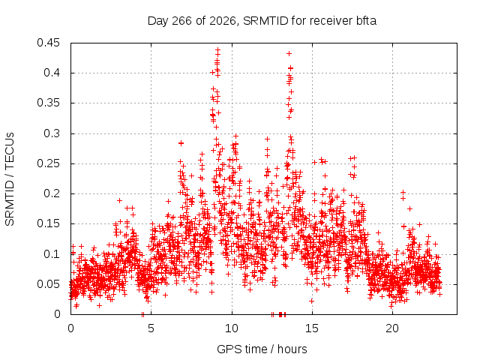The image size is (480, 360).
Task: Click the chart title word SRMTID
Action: point(265,21)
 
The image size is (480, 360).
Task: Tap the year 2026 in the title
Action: point(223,21)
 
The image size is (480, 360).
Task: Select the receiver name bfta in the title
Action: point(366,21)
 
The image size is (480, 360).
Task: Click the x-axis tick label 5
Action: point(151,328)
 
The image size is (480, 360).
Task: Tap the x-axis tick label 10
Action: point(232,328)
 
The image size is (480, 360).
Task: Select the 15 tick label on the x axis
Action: point(312,328)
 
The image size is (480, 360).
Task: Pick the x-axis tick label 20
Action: point(392,328)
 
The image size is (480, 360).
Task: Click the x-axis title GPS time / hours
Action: point(262,349)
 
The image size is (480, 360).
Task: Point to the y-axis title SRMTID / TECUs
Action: point(10,179)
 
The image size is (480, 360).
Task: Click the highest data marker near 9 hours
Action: point(217,49)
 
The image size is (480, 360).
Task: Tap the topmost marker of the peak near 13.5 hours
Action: point(289,53)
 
